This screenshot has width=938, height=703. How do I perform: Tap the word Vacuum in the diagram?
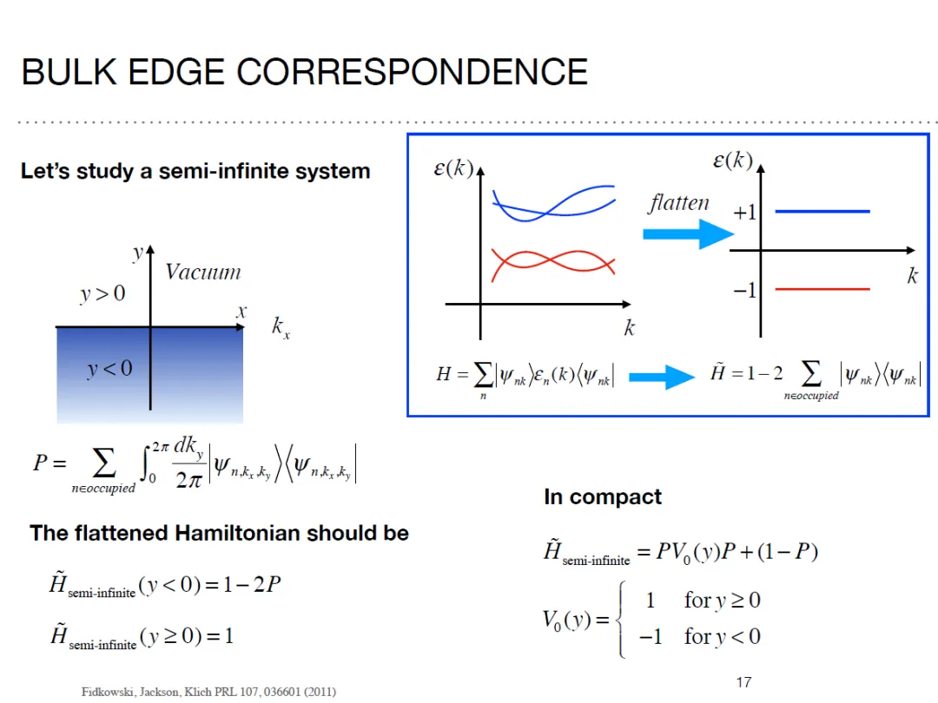click(x=202, y=272)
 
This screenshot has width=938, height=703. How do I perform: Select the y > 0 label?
click(x=102, y=293)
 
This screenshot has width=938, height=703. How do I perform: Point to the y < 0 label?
click(x=109, y=369)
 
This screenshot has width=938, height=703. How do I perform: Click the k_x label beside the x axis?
click(x=280, y=327)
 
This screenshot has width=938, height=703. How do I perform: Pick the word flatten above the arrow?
click(x=678, y=203)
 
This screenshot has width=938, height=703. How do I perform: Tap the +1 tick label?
click(x=744, y=213)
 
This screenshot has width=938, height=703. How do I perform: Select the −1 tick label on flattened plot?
click(x=744, y=290)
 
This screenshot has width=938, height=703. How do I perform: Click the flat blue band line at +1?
click(x=822, y=211)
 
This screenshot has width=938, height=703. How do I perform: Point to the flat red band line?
click(x=822, y=289)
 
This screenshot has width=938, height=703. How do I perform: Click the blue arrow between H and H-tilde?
click(x=659, y=377)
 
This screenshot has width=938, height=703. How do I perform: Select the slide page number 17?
click(x=743, y=682)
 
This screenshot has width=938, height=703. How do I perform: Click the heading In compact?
click(x=602, y=497)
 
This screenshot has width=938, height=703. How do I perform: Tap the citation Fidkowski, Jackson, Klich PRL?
click(x=208, y=692)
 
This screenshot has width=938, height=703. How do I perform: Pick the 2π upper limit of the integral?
click(x=159, y=447)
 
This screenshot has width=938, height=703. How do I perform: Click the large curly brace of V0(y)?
click(x=620, y=619)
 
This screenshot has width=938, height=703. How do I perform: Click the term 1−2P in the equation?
click(x=251, y=585)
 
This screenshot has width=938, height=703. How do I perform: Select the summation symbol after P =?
click(x=103, y=465)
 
